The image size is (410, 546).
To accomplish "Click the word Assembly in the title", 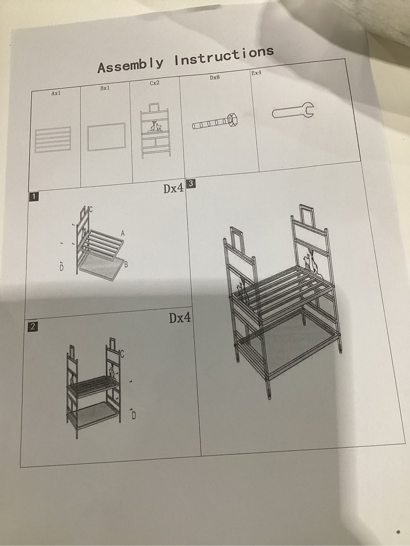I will click(131, 65).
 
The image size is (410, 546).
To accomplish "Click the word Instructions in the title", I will click(223, 56).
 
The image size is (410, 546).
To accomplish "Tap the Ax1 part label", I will click(56, 94).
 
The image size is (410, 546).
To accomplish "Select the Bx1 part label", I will click(105, 89).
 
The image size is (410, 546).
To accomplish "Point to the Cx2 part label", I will click(155, 83).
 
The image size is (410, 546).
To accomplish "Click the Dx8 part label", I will click(215, 78).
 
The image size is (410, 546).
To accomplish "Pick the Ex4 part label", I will click(256, 73).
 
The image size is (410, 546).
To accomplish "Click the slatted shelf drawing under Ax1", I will click(53, 139).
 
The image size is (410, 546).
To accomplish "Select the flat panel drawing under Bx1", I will click(107, 136).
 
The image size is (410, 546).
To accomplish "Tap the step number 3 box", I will click(191, 183).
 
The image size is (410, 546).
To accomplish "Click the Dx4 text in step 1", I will click(173, 188).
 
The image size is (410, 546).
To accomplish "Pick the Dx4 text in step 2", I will click(180, 318).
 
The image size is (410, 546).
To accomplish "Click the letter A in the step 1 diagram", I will click(122, 233).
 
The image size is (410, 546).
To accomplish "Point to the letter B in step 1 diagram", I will click(126, 265).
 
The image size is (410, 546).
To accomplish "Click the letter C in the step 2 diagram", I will click(122, 354).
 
